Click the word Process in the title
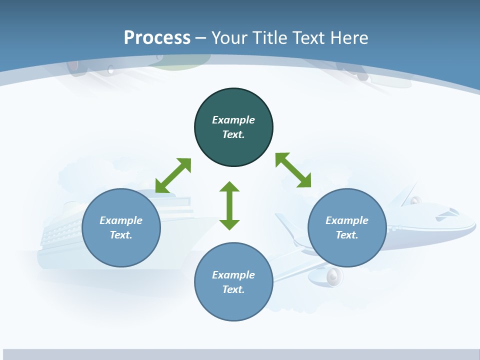point(157,37)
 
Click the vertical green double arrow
point(229,205)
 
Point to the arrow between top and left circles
point(173,175)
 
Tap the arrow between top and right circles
point(293,170)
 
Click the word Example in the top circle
point(233,120)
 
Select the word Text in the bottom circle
point(233,289)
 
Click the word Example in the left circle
point(121,220)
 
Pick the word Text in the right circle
point(347,235)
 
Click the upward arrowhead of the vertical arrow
point(229,187)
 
